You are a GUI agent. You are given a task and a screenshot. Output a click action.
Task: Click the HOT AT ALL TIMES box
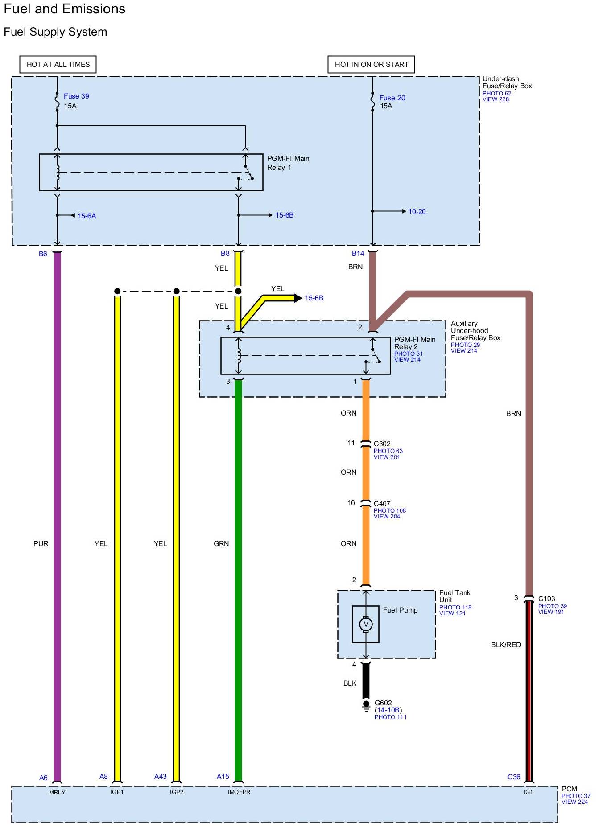[58, 64]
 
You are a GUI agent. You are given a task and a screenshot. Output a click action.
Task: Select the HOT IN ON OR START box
[372, 64]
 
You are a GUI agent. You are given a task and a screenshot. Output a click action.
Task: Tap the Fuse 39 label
[76, 96]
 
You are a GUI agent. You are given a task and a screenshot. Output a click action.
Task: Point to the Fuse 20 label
[392, 98]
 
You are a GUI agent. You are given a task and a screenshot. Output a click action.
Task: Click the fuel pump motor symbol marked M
[366, 624]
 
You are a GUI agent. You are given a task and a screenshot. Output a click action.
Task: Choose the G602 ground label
[383, 703]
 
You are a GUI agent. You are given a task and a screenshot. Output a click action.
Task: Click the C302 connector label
[382, 444]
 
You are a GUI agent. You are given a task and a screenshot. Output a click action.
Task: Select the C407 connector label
[382, 503]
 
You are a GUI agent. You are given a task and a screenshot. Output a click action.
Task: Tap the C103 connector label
[547, 598]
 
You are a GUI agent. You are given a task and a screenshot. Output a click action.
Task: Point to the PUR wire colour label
[41, 543]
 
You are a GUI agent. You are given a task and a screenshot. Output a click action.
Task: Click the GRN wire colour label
[221, 543]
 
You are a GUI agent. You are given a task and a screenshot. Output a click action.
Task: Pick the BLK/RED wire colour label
[506, 645]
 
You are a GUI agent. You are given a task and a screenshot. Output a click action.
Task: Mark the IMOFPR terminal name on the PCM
[239, 792]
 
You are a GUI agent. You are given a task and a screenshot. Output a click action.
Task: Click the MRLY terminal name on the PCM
[57, 792]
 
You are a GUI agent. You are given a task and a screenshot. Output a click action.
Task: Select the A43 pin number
[161, 776]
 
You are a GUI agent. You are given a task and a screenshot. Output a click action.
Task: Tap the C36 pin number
[514, 777]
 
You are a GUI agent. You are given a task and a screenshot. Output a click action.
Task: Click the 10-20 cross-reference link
[417, 211]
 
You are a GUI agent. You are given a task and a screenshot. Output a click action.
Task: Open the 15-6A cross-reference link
[87, 216]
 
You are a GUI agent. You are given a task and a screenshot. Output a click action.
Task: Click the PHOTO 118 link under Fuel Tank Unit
[455, 607]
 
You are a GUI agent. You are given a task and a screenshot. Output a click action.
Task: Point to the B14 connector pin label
[358, 253]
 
